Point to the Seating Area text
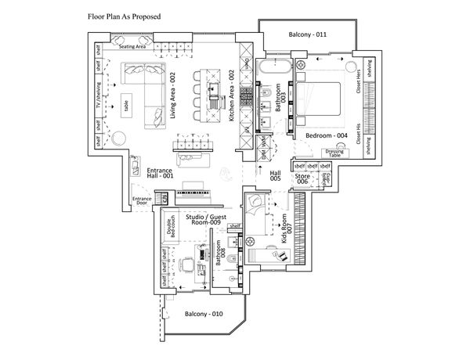click(132, 47)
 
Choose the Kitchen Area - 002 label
click(232, 96)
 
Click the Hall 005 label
click(275, 176)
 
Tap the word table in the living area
click(125, 105)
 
